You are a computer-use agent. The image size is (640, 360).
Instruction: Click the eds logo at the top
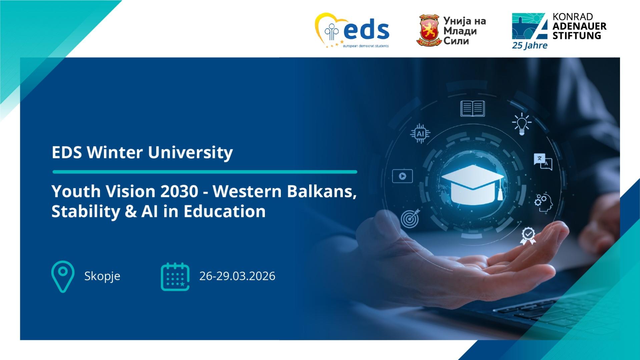[352, 30]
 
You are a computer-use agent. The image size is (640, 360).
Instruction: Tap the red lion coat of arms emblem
[429, 30]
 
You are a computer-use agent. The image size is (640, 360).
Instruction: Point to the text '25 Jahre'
[530, 45]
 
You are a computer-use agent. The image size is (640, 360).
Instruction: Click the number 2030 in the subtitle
[179, 191]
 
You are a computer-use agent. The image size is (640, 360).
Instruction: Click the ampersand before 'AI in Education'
[131, 212]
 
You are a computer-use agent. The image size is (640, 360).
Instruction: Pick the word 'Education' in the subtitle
[224, 211]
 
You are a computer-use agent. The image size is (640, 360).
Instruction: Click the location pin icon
[63, 277]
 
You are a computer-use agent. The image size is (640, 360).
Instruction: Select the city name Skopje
[102, 276]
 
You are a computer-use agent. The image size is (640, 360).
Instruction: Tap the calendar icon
[175, 277]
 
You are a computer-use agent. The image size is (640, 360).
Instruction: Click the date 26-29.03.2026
[237, 276]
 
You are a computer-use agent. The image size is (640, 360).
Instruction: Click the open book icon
[473, 109]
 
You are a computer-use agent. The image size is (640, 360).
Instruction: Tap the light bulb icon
[522, 124]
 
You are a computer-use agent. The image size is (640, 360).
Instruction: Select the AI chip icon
[420, 134]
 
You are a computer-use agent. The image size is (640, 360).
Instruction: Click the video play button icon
[403, 176]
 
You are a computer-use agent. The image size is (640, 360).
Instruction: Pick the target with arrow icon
[410, 219]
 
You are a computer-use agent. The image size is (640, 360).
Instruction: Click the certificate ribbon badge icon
[528, 236]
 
